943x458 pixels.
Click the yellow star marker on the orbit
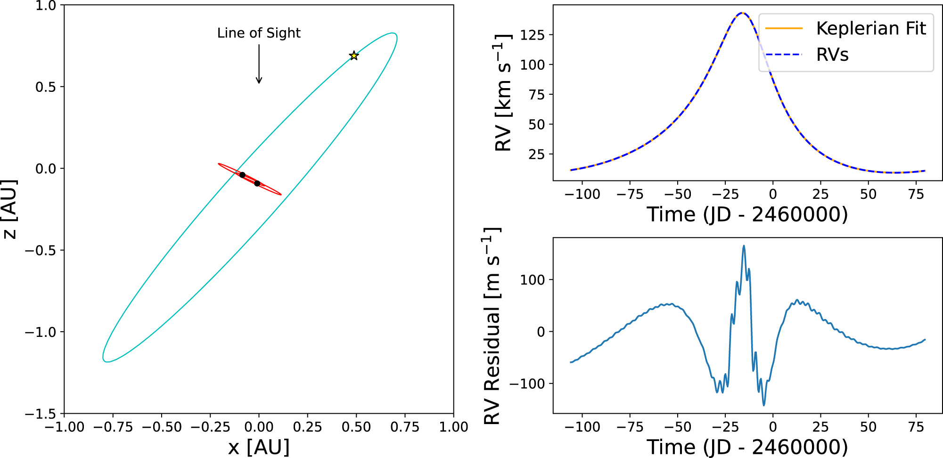(x=354, y=56)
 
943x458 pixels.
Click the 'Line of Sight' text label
(x=259, y=33)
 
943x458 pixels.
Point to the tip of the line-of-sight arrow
(x=259, y=83)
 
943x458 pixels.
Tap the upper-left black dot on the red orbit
(x=242, y=175)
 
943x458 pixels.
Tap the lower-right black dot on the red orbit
(x=257, y=183)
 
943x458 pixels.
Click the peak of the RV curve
(x=742, y=13)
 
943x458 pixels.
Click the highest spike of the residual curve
(x=744, y=245)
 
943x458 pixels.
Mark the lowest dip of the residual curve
(x=764, y=405)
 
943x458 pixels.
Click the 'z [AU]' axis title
(x=9, y=209)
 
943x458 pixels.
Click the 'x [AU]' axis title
(x=259, y=447)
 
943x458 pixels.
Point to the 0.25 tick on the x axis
(x=307, y=427)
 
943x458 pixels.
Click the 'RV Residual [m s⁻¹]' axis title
(x=492, y=326)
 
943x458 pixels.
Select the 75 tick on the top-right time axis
(x=916, y=194)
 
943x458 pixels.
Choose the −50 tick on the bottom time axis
(x=677, y=427)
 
